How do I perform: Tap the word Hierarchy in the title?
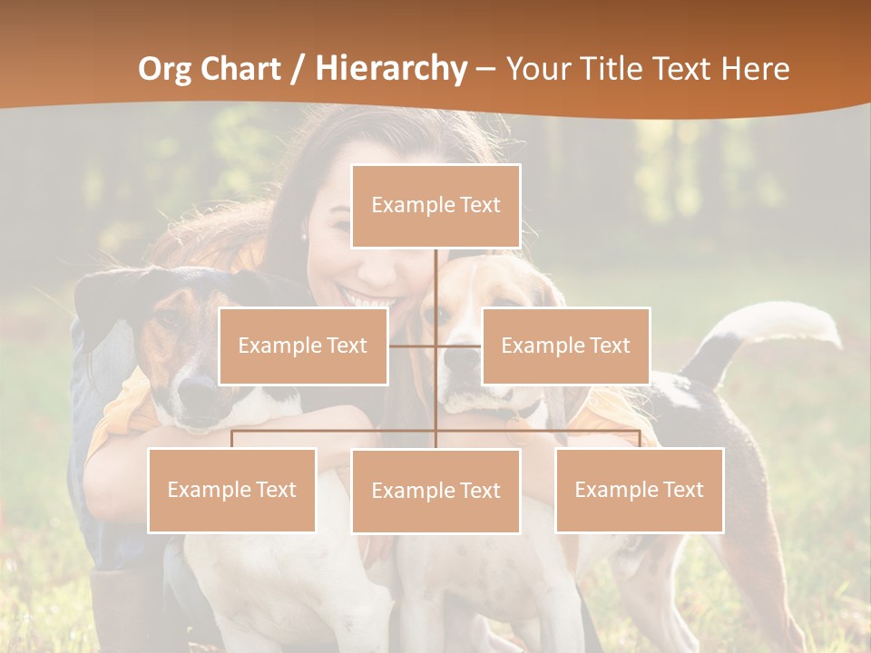pyautogui.click(x=390, y=69)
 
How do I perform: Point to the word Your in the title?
pyautogui.click(x=535, y=69)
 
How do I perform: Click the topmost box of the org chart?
pyautogui.click(x=435, y=206)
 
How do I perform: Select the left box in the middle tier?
pyautogui.click(x=303, y=346)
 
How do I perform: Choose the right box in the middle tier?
pyautogui.click(x=565, y=346)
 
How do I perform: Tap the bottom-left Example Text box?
pyautogui.click(x=231, y=490)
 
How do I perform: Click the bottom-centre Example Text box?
pyautogui.click(x=435, y=491)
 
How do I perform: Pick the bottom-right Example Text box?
pyautogui.click(x=640, y=490)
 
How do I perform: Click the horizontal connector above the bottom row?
pyautogui.click(x=336, y=431)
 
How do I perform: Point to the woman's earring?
pyautogui.click(x=303, y=236)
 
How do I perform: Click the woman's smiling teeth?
pyautogui.click(x=367, y=298)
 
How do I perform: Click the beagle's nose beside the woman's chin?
pyautogui.click(x=462, y=358)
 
